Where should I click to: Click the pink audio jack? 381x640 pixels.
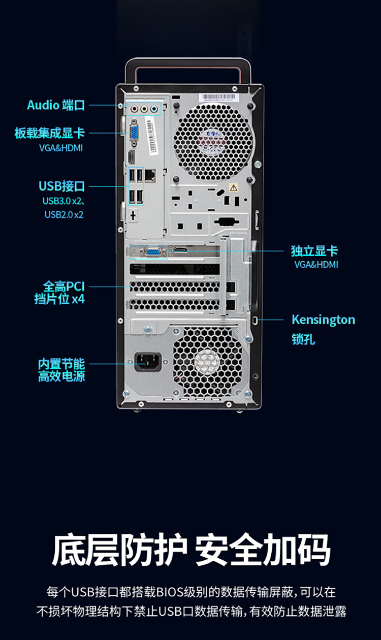click(134, 108)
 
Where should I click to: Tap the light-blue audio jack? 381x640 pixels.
click(154, 108)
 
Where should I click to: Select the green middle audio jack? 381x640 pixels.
click(144, 108)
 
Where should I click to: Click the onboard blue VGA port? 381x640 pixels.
click(134, 133)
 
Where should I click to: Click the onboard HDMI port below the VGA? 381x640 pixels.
click(131, 156)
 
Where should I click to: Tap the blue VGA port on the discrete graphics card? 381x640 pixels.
click(152, 250)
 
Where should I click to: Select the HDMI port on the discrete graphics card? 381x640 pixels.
click(181, 249)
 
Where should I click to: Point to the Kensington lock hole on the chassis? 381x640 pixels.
click(255, 320)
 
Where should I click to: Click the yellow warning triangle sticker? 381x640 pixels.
click(233, 187)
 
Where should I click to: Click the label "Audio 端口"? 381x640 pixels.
click(56, 105)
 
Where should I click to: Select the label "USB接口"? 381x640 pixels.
click(61, 185)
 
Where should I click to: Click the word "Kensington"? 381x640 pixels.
click(323, 320)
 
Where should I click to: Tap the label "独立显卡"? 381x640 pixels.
click(314, 250)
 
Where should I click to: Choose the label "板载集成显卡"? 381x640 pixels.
click(49, 133)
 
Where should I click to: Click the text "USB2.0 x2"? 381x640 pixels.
click(63, 214)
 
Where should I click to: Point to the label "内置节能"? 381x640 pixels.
click(61, 364)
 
